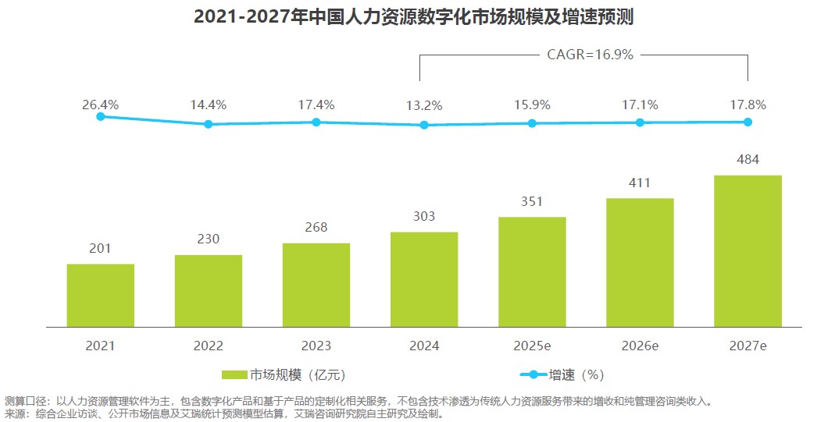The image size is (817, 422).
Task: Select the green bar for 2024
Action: pyautogui.click(x=424, y=279)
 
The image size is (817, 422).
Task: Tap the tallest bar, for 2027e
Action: pyautogui.click(x=747, y=250)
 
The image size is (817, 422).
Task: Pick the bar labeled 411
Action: pyautogui.click(x=640, y=262)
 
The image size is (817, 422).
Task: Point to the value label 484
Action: pyautogui.click(x=747, y=160)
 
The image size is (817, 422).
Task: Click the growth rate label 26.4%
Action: pyautogui.click(x=100, y=105)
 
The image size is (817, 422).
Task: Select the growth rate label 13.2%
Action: pyautogui.click(x=424, y=105)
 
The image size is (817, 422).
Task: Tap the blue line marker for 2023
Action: pyautogui.click(x=316, y=122)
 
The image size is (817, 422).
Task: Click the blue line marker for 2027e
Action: pyautogui.click(x=747, y=122)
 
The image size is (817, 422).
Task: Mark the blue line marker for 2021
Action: pyautogui.click(x=100, y=116)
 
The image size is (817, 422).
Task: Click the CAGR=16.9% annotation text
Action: pyautogui.click(x=584, y=55)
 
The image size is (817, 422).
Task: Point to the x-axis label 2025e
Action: pyautogui.click(x=532, y=346)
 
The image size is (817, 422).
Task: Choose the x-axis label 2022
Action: pyautogui.click(x=208, y=346)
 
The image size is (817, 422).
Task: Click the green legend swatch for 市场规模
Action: pyautogui.click(x=234, y=374)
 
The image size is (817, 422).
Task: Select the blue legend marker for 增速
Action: pyautogui.click(x=533, y=374)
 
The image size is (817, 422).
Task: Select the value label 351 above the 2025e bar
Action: pyautogui.click(x=532, y=201)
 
